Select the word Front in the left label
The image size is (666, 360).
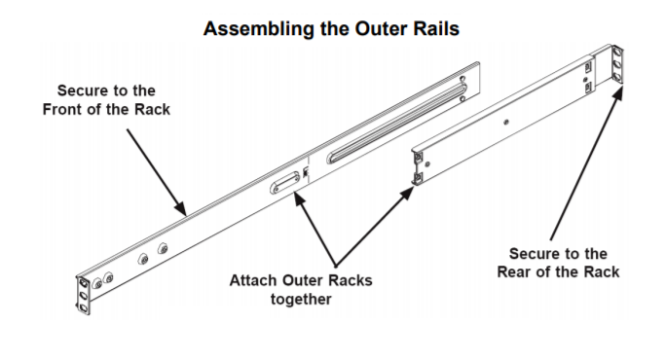pyautogui.click(x=60, y=109)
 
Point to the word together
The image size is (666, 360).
pyautogui.click(x=301, y=299)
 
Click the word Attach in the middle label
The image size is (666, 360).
pyautogui.click(x=254, y=280)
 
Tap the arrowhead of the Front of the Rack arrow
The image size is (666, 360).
pyautogui.click(x=181, y=209)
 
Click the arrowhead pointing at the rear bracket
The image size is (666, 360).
pyautogui.click(x=618, y=92)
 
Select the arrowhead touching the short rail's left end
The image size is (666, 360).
pyautogui.click(x=407, y=193)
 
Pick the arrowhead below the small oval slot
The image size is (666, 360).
pyautogui.click(x=300, y=198)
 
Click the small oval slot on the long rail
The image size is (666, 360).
pyautogui.click(x=285, y=183)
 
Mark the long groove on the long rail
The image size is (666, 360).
pyautogui.click(x=396, y=124)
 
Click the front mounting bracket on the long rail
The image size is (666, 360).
pyautogui.click(x=83, y=296)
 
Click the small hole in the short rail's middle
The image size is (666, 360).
pyautogui.click(x=506, y=123)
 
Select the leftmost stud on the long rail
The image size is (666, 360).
pyautogui.click(x=97, y=283)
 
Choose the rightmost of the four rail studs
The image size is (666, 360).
pyautogui.click(x=163, y=248)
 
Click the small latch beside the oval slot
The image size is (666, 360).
pyautogui.click(x=306, y=172)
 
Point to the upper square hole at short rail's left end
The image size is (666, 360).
pyautogui.click(x=418, y=158)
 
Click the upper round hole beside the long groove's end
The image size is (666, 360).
pyautogui.click(x=462, y=79)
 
